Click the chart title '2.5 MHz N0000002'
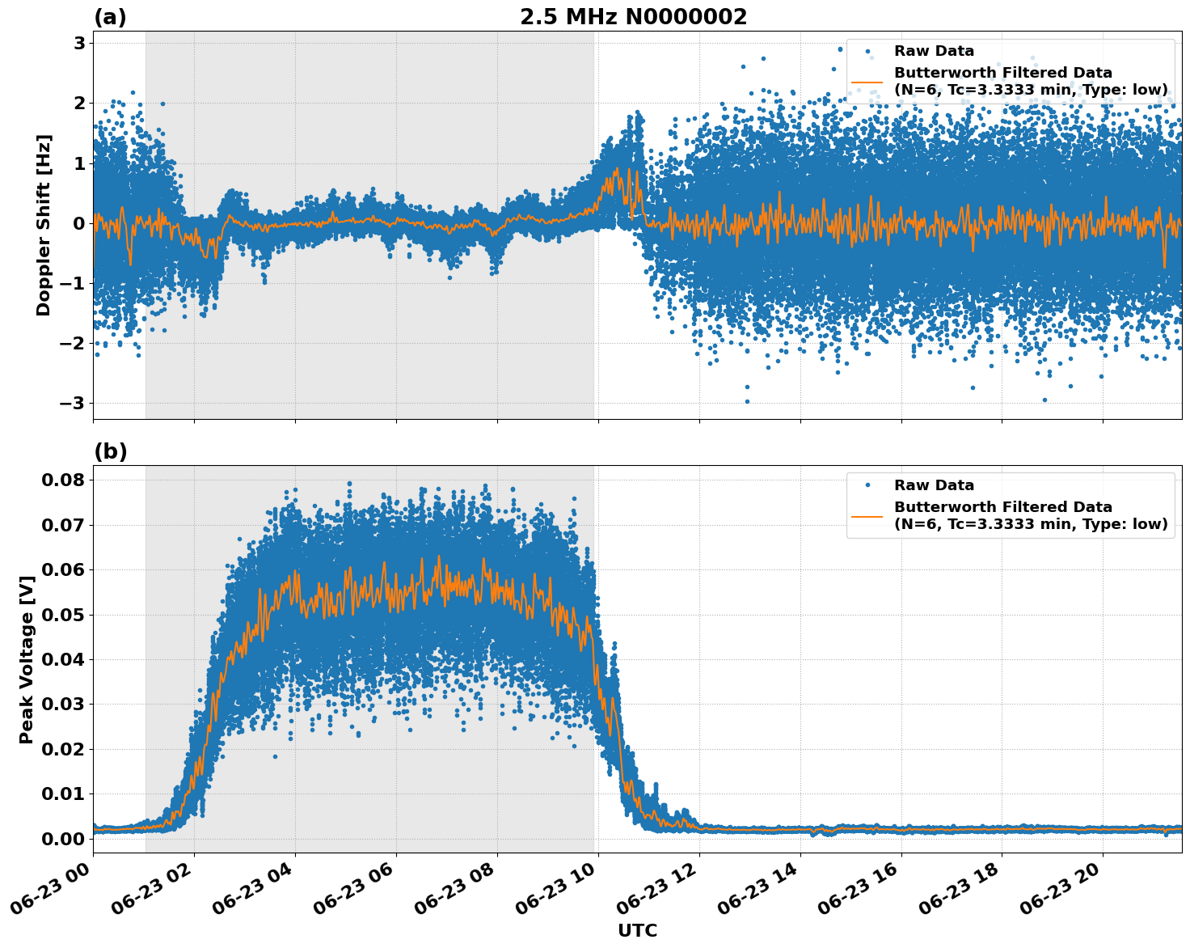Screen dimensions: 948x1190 coord(633,17)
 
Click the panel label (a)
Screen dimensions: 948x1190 coord(110,17)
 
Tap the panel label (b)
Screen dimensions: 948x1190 coord(110,451)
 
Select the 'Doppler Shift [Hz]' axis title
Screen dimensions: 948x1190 coord(44,225)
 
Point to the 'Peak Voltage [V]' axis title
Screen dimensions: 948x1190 coord(27,659)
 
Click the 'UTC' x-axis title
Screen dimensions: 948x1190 coord(637,930)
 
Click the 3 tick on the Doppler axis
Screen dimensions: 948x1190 coord(79,43)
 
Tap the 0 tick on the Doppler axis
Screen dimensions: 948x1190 coord(79,223)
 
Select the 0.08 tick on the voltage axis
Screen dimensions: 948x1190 coord(63,480)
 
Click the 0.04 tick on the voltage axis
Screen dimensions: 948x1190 coord(63,660)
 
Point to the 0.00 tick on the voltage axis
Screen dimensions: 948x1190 coord(63,839)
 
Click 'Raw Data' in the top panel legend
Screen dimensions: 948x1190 coord(934,51)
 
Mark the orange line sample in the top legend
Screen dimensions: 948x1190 coord(867,81)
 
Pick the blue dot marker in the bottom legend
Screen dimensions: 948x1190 coord(867,485)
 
